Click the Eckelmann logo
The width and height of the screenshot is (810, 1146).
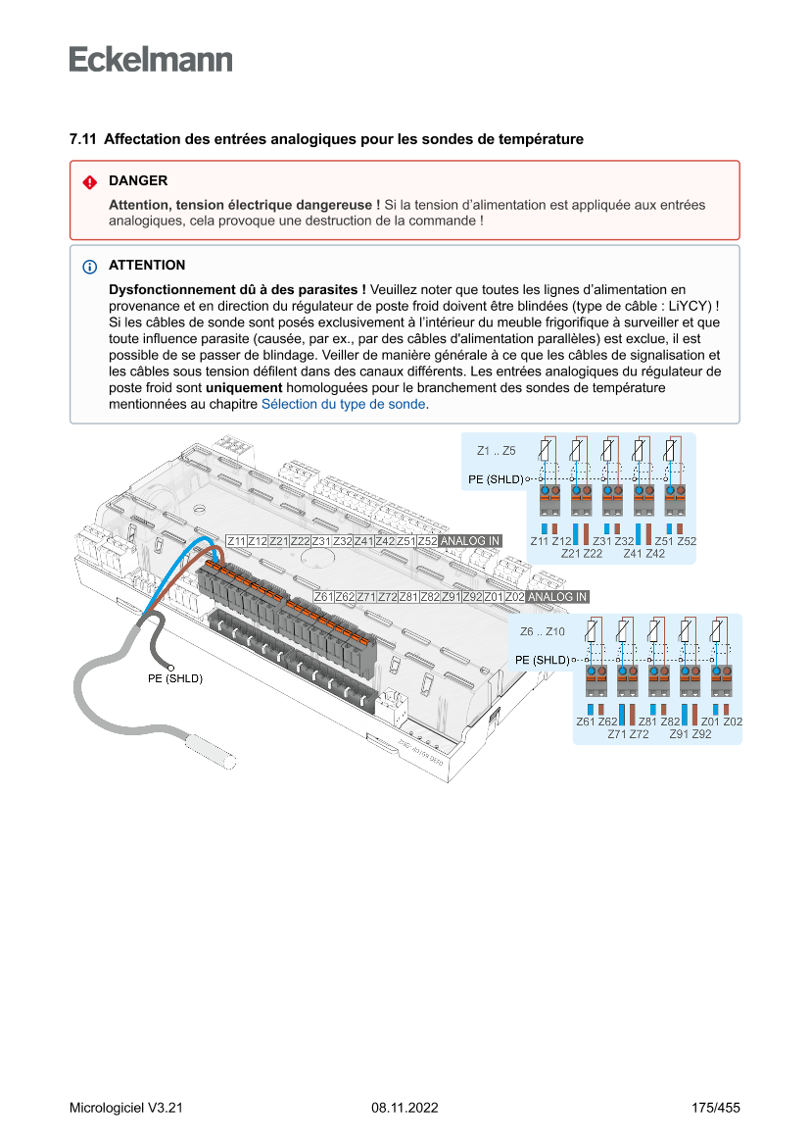tap(151, 60)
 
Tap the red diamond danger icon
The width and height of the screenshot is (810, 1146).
tap(89, 181)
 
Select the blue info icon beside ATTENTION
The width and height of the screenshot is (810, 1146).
tap(89, 266)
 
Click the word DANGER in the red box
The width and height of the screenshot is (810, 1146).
tap(138, 180)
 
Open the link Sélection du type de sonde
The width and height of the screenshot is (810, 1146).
tap(343, 404)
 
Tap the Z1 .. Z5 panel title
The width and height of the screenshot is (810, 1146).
tap(497, 451)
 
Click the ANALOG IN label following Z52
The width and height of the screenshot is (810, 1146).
tap(470, 541)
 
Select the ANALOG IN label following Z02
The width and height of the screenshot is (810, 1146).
tap(556, 596)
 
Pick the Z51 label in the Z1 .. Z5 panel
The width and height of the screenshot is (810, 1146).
tap(664, 541)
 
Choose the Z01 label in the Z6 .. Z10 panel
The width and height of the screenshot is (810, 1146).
tap(711, 722)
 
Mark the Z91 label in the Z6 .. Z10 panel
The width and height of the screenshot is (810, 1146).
tap(680, 733)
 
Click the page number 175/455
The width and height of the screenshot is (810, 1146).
tap(715, 1108)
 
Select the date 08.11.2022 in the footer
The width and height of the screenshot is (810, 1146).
tap(405, 1108)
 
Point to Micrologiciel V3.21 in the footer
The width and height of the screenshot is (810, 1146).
tap(126, 1108)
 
